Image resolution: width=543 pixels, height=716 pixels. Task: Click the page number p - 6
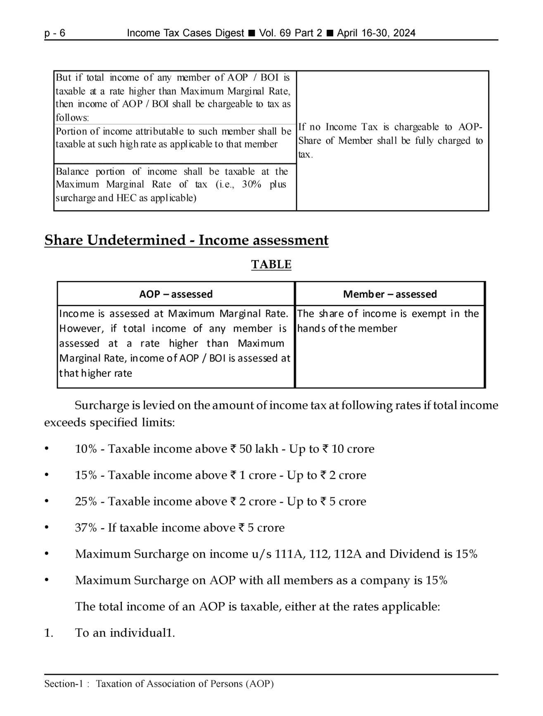[x=55, y=33]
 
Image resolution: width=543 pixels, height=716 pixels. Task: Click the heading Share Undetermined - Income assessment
[x=186, y=240]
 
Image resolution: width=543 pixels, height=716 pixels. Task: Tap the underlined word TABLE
[x=271, y=264]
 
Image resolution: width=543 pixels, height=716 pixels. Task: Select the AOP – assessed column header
[x=176, y=294]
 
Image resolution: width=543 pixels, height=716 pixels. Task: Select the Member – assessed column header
[x=390, y=294]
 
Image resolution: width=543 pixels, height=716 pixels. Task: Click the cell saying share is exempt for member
[x=388, y=321]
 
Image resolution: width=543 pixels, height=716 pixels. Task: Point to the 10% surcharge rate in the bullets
[x=85, y=449]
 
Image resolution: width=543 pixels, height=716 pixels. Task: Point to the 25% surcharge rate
[x=85, y=502]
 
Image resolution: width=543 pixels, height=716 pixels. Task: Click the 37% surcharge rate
[x=85, y=528]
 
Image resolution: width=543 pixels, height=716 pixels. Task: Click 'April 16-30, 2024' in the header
[x=376, y=33]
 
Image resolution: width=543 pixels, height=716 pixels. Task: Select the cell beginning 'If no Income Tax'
[x=390, y=140]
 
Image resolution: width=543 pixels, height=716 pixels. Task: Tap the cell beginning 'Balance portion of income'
[x=172, y=185]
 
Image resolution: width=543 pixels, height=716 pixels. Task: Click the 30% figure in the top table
[x=251, y=184]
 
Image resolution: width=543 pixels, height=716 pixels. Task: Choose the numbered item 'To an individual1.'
[x=125, y=633]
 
